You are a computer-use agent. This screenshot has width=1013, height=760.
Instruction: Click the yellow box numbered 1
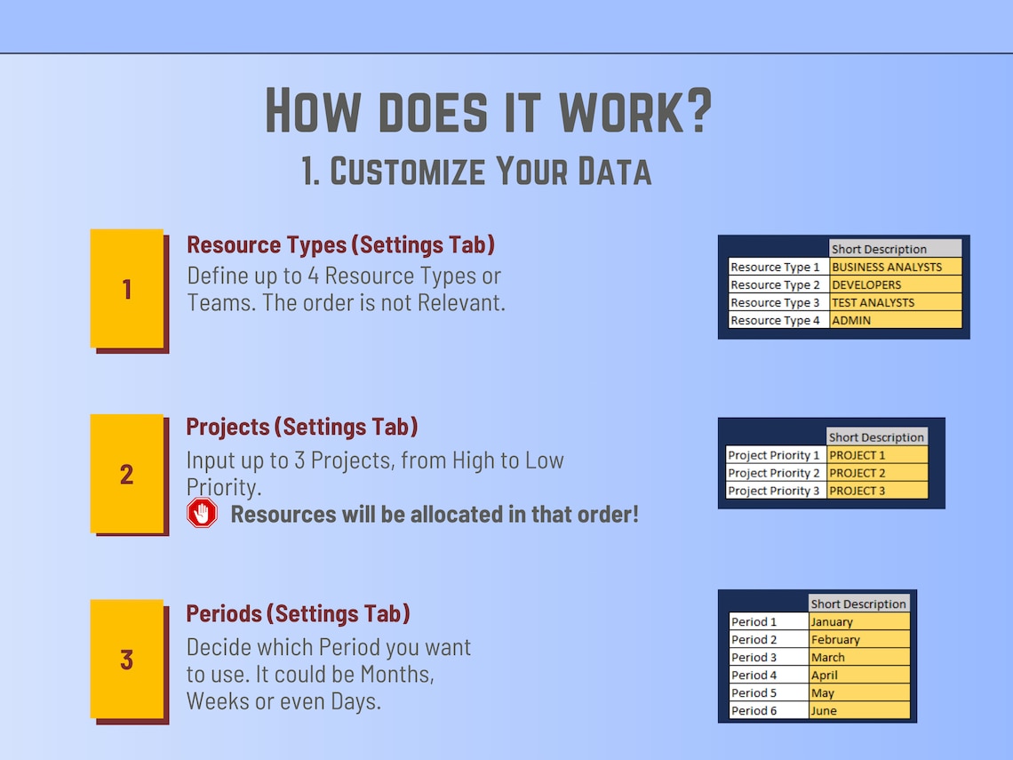[x=127, y=289]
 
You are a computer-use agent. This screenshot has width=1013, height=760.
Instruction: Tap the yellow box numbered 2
[x=127, y=474]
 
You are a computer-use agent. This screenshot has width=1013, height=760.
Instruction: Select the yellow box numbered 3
[x=127, y=659]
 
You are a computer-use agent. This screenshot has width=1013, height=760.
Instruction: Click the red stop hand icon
[x=203, y=513]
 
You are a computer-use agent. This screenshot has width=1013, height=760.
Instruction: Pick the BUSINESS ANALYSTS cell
[x=896, y=267]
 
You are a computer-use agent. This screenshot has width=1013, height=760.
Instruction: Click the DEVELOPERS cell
[x=896, y=284]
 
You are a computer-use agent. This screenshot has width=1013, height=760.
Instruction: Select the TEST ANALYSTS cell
[x=896, y=302]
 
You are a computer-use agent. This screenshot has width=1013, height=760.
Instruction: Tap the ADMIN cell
[x=896, y=320]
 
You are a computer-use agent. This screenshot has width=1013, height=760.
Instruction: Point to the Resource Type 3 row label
[x=778, y=302]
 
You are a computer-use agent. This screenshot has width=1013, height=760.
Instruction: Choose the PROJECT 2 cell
[x=877, y=473]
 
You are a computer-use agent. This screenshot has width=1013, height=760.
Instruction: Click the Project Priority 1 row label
[x=776, y=455]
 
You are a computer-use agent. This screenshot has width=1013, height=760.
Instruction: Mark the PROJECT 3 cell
[x=877, y=491]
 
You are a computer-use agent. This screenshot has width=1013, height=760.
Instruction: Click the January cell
[x=859, y=622]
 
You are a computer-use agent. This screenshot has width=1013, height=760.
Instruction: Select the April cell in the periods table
[x=859, y=676]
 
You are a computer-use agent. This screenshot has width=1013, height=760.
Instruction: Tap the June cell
[x=859, y=711]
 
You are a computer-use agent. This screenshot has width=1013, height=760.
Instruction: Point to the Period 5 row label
[x=769, y=693]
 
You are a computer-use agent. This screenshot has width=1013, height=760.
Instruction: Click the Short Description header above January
[x=858, y=604]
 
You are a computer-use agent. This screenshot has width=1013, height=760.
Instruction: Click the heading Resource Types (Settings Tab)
[x=340, y=244]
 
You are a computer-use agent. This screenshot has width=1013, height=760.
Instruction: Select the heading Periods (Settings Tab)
[x=298, y=613]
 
